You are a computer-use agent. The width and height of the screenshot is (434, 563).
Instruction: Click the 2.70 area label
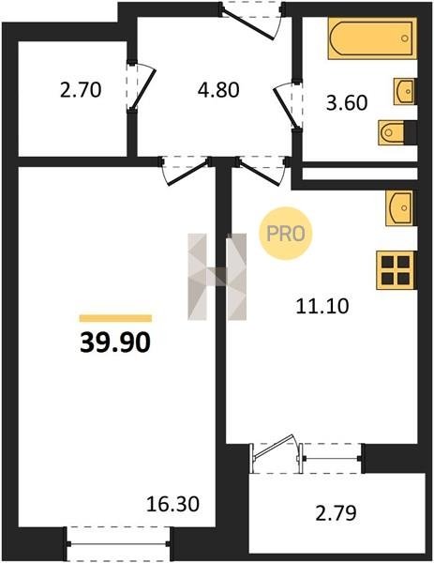pyautogui.click(x=81, y=90)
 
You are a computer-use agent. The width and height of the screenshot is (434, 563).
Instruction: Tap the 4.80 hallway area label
pyautogui.click(x=218, y=90)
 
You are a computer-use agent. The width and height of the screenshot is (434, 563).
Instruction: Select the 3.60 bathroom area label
pyautogui.click(x=347, y=102)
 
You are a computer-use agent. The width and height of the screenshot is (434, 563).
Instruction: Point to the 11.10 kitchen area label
pyautogui.click(x=322, y=307)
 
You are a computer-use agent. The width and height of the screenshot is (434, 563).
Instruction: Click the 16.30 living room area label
pyautogui.click(x=172, y=504)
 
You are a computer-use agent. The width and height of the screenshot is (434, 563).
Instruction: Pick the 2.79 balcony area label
pyautogui.click(x=337, y=513)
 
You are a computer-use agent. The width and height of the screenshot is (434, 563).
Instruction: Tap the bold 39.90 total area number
pyautogui.click(x=115, y=342)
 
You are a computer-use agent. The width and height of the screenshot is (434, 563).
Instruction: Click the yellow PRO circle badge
pyautogui.click(x=286, y=234)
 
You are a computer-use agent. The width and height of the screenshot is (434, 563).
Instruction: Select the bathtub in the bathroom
pyautogui.click(x=372, y=38)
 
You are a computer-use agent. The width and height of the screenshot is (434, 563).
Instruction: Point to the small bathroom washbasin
pyautogui.click(x=405, y=91)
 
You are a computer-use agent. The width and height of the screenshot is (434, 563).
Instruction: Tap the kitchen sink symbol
pyautogui.click(x=400, y=208)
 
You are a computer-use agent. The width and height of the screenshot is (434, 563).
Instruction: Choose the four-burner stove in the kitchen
pyautogui.click(x=396, y=270)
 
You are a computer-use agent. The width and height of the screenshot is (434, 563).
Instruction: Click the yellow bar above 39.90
pyautogui.click(x=115, y=318)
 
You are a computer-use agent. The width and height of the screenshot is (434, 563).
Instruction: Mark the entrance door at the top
pyautogui.click(x=251, y=20)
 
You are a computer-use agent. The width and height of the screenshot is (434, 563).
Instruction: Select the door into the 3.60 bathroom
pyautogui.click(x=288, y=105)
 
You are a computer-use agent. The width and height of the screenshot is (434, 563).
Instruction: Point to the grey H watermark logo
pyautogui.click(x=217, y=277)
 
